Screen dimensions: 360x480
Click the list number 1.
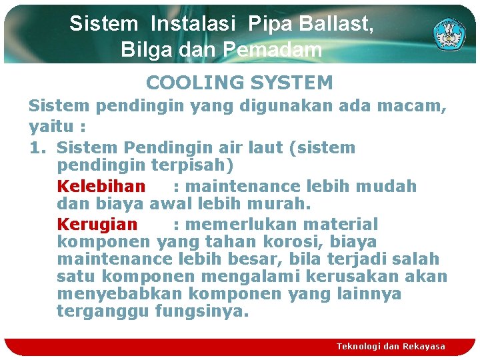[x=36, y=147]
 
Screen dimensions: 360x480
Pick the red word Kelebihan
[x=101, y=186]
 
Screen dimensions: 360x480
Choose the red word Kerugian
[x=97, y=225]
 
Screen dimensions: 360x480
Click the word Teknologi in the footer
[x=359, y=346]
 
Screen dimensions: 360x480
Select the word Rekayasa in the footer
[x=423, y=346]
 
